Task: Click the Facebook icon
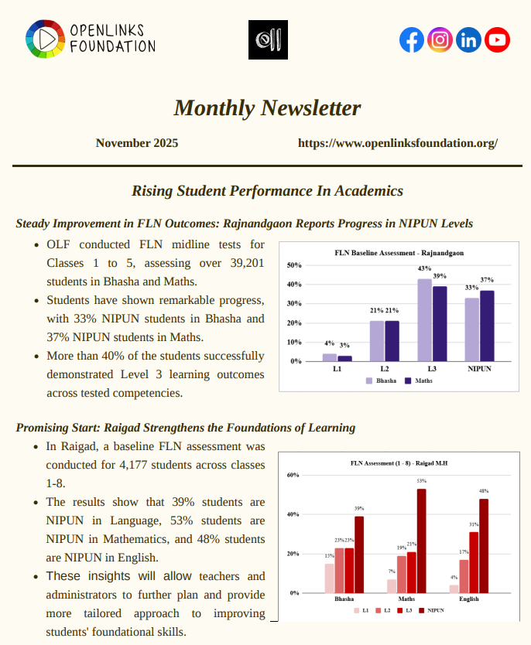pos(412,39)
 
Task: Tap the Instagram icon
pos(440,39)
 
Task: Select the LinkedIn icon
pos(468,39)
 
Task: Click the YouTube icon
pos(497,39)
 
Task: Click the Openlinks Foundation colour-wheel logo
pos(44,38)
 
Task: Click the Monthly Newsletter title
pos(267,107)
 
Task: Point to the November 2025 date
pos(148,143)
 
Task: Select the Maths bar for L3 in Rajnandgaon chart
pos(440,323)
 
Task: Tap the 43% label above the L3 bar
pos(424,269)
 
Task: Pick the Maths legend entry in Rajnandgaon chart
pos(418,381)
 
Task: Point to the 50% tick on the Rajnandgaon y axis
pos(294,265)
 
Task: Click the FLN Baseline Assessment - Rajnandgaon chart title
pos(399,253)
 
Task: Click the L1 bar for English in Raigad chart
pos(454,589)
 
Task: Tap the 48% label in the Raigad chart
pos(483,491)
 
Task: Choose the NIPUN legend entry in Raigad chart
pos(430,610)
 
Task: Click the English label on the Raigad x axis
pos(468,599)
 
